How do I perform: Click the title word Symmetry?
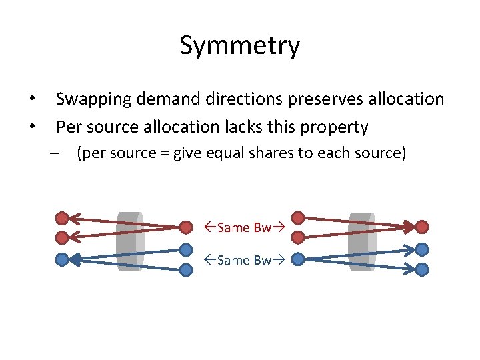tap(239, 46)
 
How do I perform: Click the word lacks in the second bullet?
tap(269, 126)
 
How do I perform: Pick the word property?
tap(334, 126)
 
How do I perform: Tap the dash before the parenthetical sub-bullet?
tap(55, 153)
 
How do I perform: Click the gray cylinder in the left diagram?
tap(129, 241)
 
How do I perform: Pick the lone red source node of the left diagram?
tap(186, 227)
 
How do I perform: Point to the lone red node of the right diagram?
tap(422, 227)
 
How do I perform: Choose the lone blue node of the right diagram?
tap(299, 258)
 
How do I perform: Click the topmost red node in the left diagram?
tap(62, 217)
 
